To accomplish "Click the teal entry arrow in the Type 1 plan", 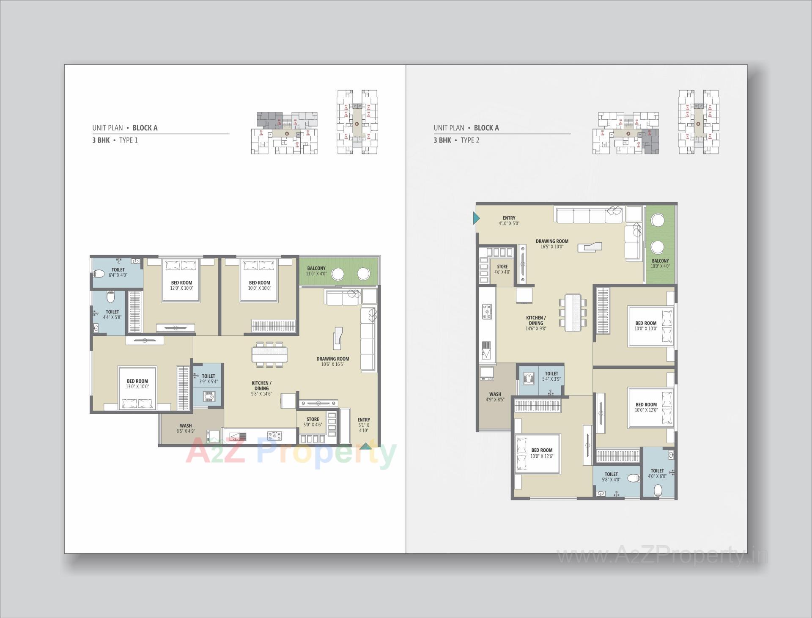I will (365, 445).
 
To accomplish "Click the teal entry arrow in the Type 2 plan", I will (476, 218).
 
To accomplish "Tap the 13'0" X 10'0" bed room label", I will (137, 384).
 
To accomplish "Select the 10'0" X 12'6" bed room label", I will (542, 453).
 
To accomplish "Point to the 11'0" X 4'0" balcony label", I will (316, 271).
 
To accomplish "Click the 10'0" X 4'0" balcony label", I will (660, 264).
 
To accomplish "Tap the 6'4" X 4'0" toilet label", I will (118, 272).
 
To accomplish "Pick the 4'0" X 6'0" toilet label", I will (657, 473).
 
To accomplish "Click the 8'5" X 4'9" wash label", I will (186, 428).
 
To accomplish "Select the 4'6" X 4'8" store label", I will (502, 269).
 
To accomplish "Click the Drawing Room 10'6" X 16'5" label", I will (333, 361).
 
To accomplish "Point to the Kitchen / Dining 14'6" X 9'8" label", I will (536, 323).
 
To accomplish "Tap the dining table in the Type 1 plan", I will (269, 354).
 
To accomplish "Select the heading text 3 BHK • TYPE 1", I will (115, 140).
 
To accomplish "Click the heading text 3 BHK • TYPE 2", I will (456, 140).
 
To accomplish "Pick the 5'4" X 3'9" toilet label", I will (551, 376).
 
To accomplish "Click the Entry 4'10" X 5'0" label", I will (509, 221).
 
